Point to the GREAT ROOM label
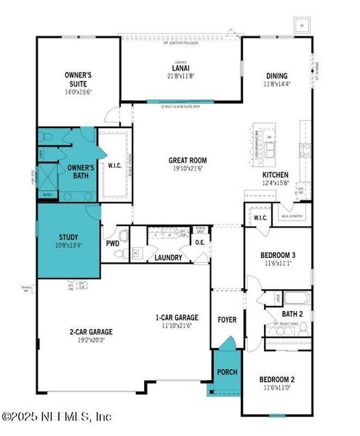[x=188, y=161]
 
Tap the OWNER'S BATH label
[x=82, y=171]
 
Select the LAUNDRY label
[x=168, y=257]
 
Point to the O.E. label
[x=199, y=243]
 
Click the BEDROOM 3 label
[x=277, y=255]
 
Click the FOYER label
[x=227, y=320]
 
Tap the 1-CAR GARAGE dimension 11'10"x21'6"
[x=177, y=326]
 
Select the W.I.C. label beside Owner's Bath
[x=115, y=165]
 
